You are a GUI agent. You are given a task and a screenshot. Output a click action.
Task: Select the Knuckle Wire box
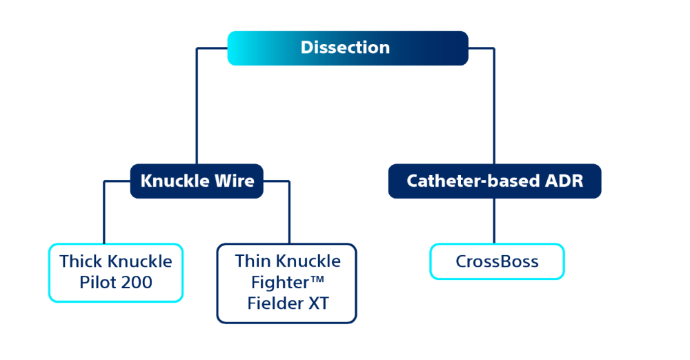[197, 181]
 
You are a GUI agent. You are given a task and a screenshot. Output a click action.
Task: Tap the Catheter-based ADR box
[494, 181]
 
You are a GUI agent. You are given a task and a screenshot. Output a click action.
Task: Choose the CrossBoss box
[497, 262]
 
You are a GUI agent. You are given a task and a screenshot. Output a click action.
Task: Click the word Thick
[80, 261]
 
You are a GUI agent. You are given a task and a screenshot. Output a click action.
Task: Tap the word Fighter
[274, 282]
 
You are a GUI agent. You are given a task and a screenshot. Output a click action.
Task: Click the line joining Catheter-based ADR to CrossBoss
[494, 221]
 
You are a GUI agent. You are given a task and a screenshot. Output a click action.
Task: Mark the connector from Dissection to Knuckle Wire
[197, 103]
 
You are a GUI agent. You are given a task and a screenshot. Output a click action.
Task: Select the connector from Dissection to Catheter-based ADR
[494, 103]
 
